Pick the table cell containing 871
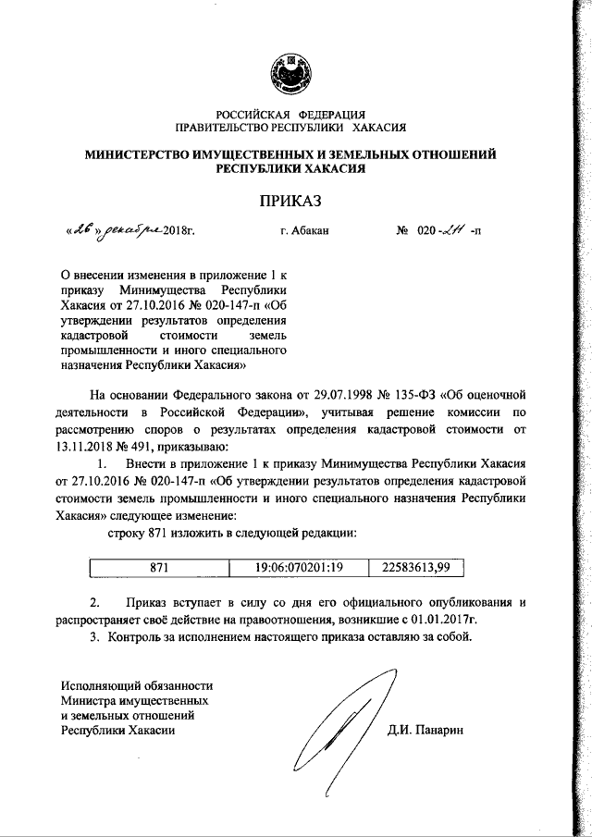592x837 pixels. [158, 566]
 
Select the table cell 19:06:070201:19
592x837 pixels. [298, 566]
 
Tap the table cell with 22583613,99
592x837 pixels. [414, 566]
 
